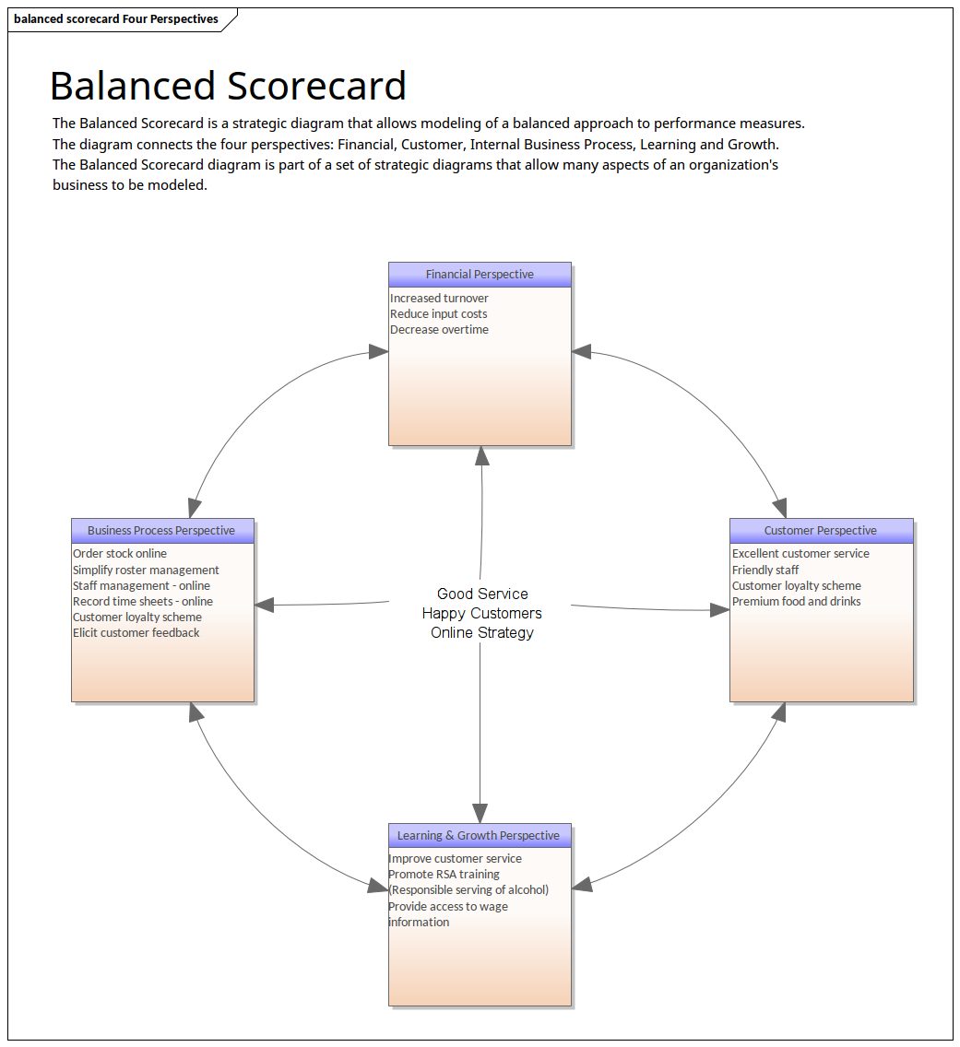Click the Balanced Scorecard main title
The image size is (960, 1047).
[228, 86]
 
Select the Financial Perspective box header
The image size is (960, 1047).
[480, 274]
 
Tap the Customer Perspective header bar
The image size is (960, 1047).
[821, 530]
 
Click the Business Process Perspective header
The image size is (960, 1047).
[161, 530]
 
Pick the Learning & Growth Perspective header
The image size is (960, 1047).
[479, 835]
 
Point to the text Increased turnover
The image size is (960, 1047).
[439, 298]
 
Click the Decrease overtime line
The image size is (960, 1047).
[439, 329]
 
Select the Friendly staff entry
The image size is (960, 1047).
[765, 570]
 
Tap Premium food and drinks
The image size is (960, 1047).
[797, 601]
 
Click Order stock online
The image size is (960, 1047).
[120, 553]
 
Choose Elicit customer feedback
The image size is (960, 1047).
[136, 632]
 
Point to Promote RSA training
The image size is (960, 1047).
[444, 874]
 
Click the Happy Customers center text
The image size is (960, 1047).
[482, 613]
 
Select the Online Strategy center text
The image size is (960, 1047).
[482, 632]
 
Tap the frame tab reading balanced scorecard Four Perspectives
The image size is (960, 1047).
[116, 18]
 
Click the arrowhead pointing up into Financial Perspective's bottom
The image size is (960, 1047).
[481, 455]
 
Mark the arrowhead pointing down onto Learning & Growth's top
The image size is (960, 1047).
[480, 813]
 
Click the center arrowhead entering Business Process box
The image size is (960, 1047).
[266, 605]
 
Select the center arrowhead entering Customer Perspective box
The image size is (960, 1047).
[719, 609]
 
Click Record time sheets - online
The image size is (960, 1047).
[143, 601]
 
